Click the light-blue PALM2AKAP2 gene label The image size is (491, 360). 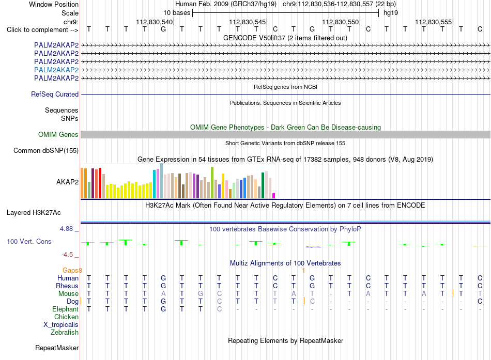pyautogui.click(x=56, y=70)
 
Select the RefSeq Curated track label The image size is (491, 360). pyautogui.click(x=55, y=94)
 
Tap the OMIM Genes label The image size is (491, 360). pyautogui.click(x=58, y=135)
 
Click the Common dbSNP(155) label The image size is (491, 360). pyautogui.click(x=46, y=151)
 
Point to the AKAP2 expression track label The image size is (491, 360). pyautogui.click(x=67, y=182)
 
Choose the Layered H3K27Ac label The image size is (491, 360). pyautogui.click(x=34, y=213)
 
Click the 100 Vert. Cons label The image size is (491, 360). pyautogui.click(x=29, y=241)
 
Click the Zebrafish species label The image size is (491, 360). pyautogui.click(x=65, y=333)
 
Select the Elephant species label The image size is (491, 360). pyautogui.click(x=66, y=309)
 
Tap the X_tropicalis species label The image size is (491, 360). pyautogui.click(x=61, y=325)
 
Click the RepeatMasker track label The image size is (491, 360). pyautogui.click(x=57, y=348)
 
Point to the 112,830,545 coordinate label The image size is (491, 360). pyautogui.click(x=248, y=22)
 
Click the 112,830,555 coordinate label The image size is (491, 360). pyautogui.click(x=434, y=22)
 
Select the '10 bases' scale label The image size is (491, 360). pyautogui.click(x=177, y=13)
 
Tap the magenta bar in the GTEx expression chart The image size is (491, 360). pyautogui.click(x=274, y=196)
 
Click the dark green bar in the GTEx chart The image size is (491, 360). pyautogui.click(x=263, y=185)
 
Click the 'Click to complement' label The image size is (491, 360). pyautogui.click(x=42, y=30)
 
